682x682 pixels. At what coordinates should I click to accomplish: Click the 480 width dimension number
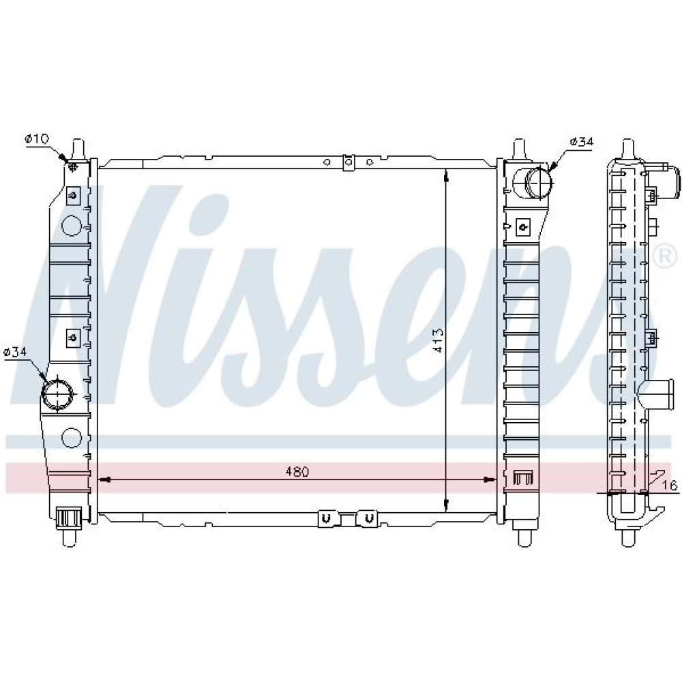tap(297, 471)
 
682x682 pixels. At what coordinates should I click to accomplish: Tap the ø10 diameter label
tap(38, 138)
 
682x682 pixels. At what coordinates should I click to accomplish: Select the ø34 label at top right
tap(581, 142)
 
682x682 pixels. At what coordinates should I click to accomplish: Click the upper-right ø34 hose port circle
tap(539, 183)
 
